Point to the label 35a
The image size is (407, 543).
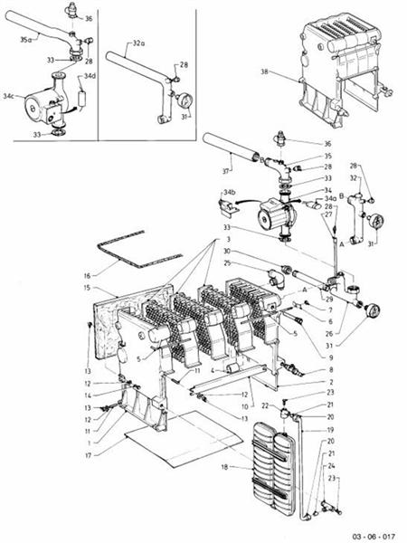tap(25, 40)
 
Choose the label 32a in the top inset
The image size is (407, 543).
tap(137, 43)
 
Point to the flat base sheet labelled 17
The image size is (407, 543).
tap(172, 439)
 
